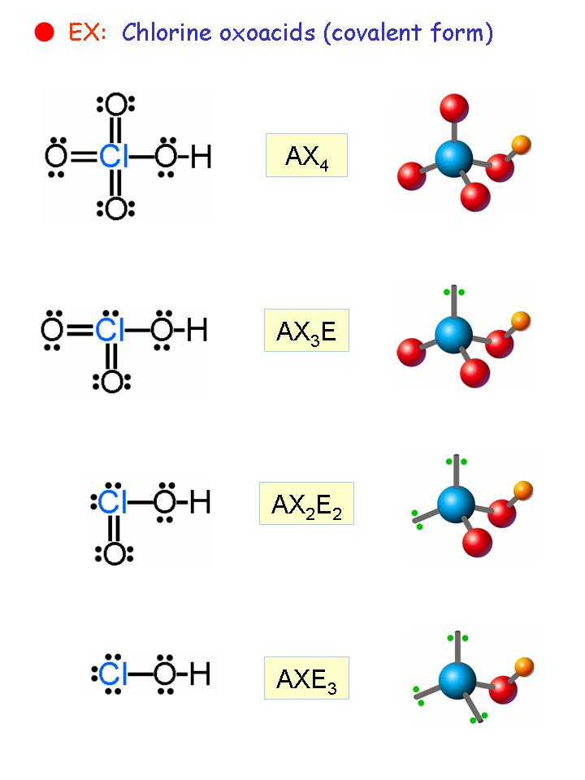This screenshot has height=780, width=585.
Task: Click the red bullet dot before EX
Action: pyautogui.click(x=45, y=32)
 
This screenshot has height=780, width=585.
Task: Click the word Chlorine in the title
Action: pyautogui.click(x=162, y=32)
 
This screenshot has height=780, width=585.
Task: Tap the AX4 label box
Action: pyautogui.click(x=306, y=155)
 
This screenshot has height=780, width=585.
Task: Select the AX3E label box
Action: pyautogui.click(x=306, y=330)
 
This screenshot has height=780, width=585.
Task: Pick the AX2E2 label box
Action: pyautogui.click(x=306, y=504)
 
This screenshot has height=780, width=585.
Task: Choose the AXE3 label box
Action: pyautogui.click(x=306, y=678)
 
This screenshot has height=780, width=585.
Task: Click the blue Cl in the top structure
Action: pyautogui.click(x=115, y=157)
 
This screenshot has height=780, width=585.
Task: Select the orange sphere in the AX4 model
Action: pyautogui.click(x=521, y=145)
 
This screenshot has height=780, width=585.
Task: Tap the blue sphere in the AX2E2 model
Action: pyautogui.click(x=455, y=504)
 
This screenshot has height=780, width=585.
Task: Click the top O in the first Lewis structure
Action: pyautogui.click(x=116, y=104)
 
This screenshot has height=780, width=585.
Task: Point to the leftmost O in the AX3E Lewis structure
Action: pyautogui.click(x=54, y=330)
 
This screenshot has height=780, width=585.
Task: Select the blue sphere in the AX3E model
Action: pyautogui.click(x=453, y=333)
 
